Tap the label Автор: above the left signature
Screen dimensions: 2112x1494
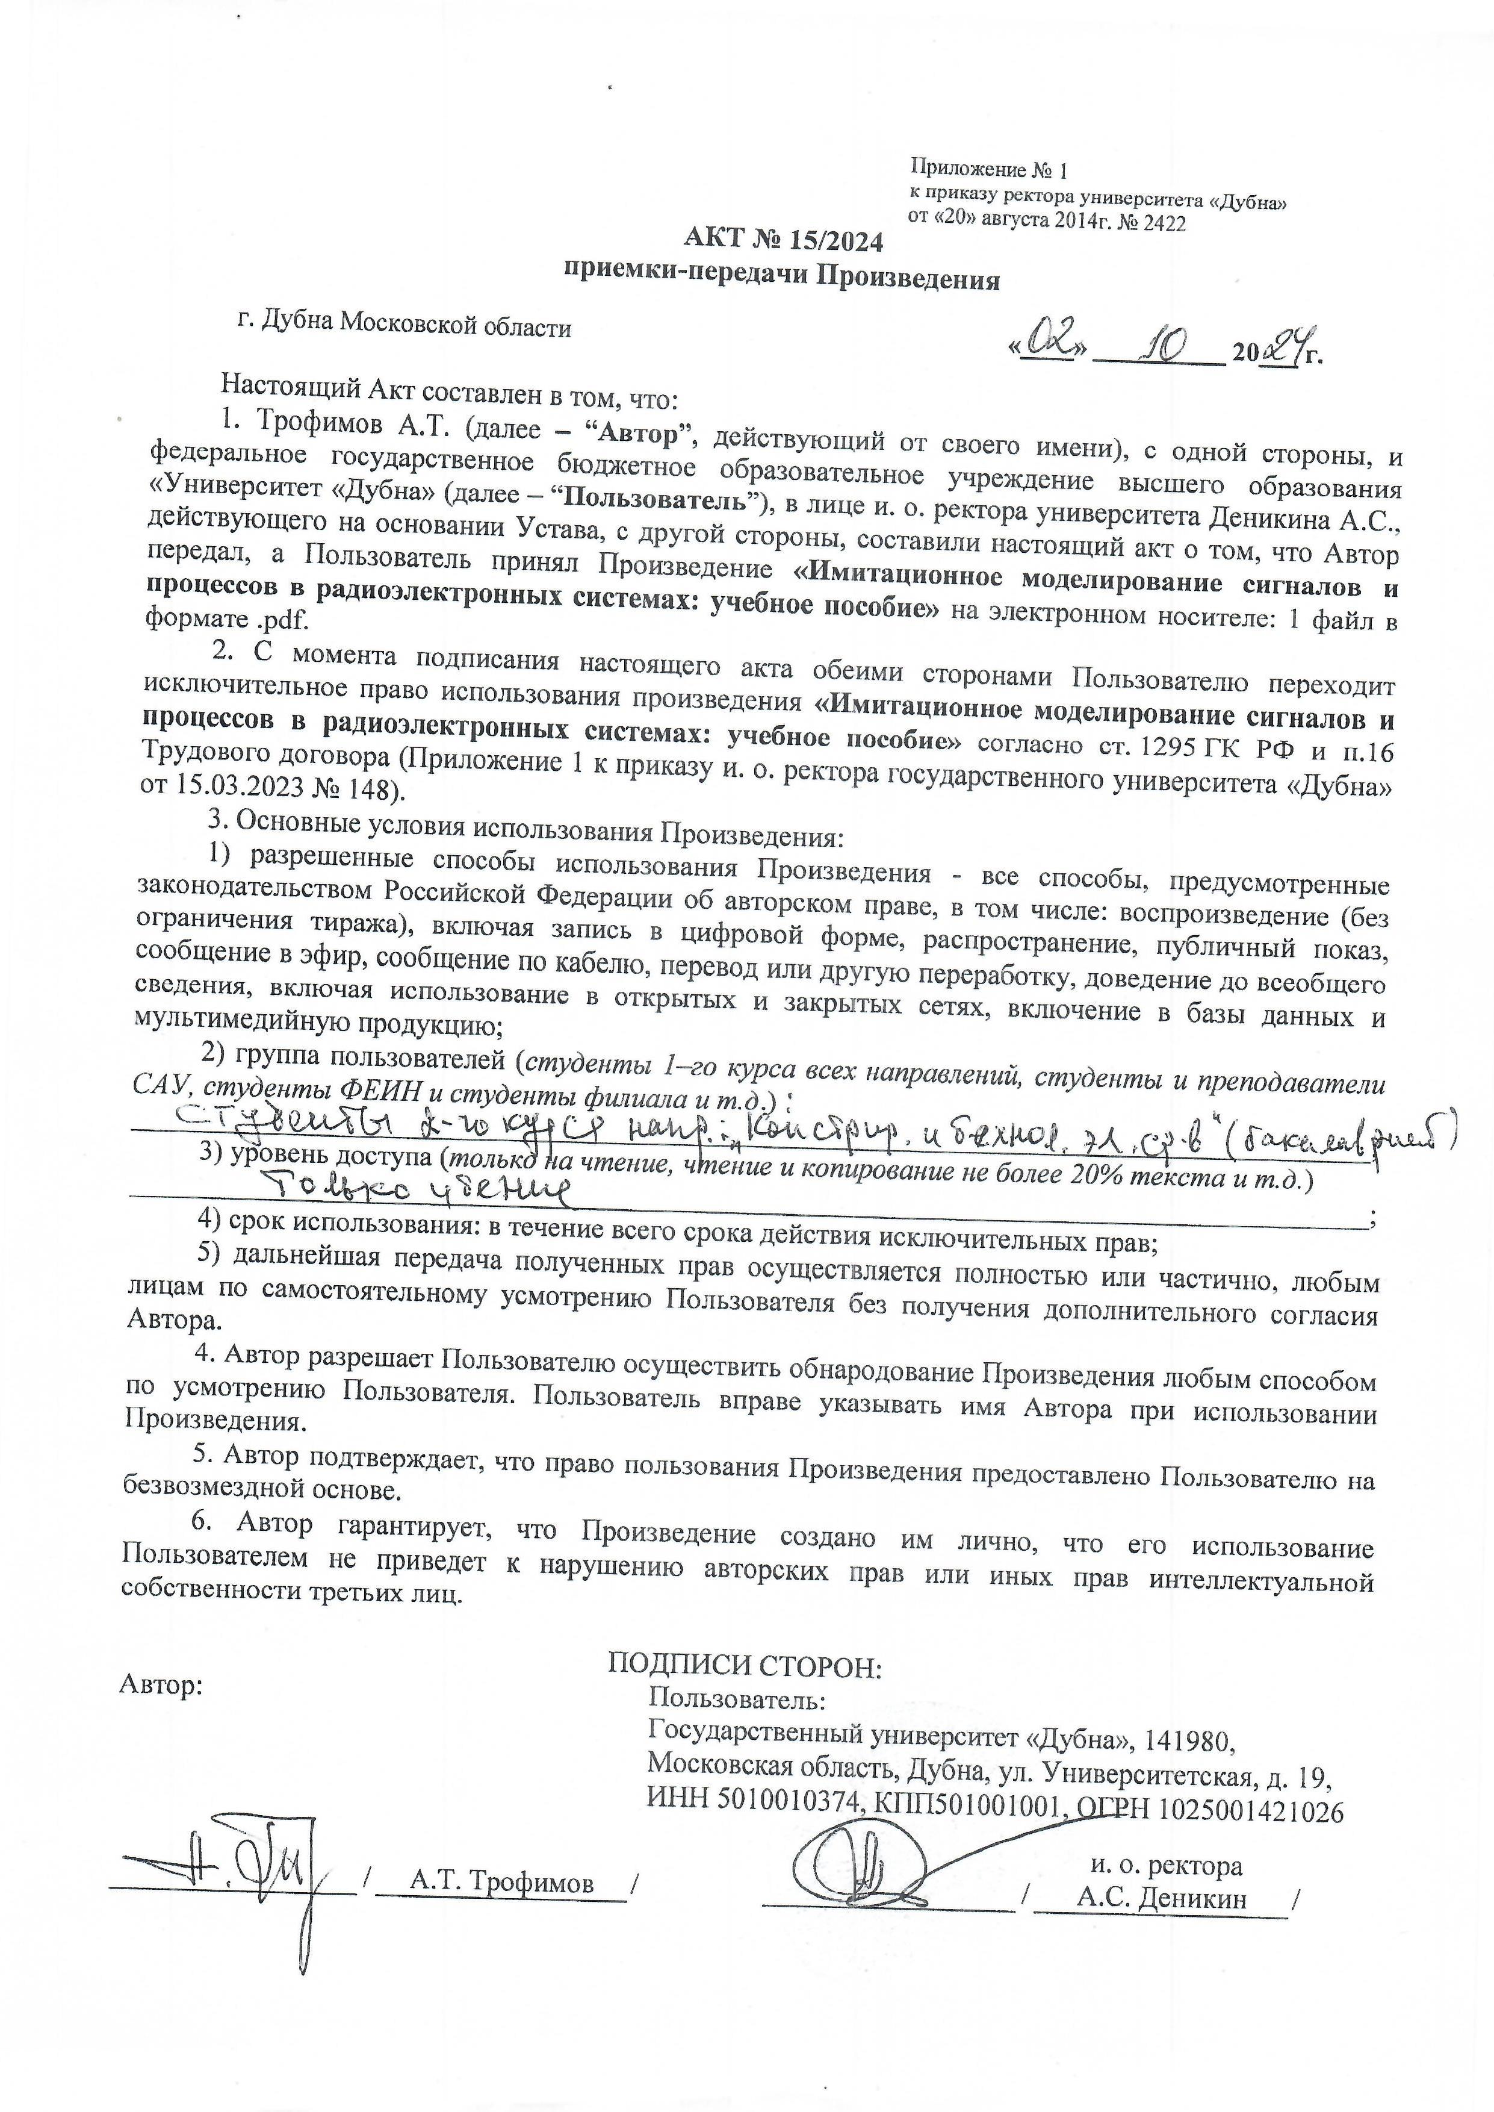point(161,1686)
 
